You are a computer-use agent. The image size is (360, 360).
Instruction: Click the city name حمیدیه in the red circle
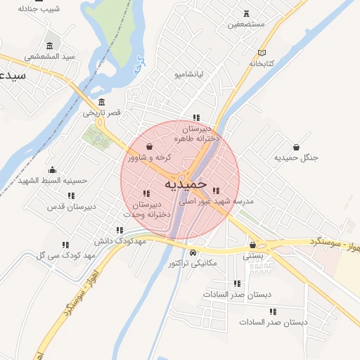click(x=186, y=183)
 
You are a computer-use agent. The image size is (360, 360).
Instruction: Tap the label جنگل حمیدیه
click(x=296, y=158)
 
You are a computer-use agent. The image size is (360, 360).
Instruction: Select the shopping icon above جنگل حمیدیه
click(x=296, y=147)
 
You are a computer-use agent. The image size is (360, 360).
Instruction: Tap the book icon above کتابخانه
click(x=263, y=53)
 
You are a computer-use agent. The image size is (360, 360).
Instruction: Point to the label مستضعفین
click(x=246, y=24)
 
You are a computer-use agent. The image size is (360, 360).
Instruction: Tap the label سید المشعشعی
click(x=49, y=56)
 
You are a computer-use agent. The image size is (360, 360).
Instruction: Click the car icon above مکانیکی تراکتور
click(x=193, y=252)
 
